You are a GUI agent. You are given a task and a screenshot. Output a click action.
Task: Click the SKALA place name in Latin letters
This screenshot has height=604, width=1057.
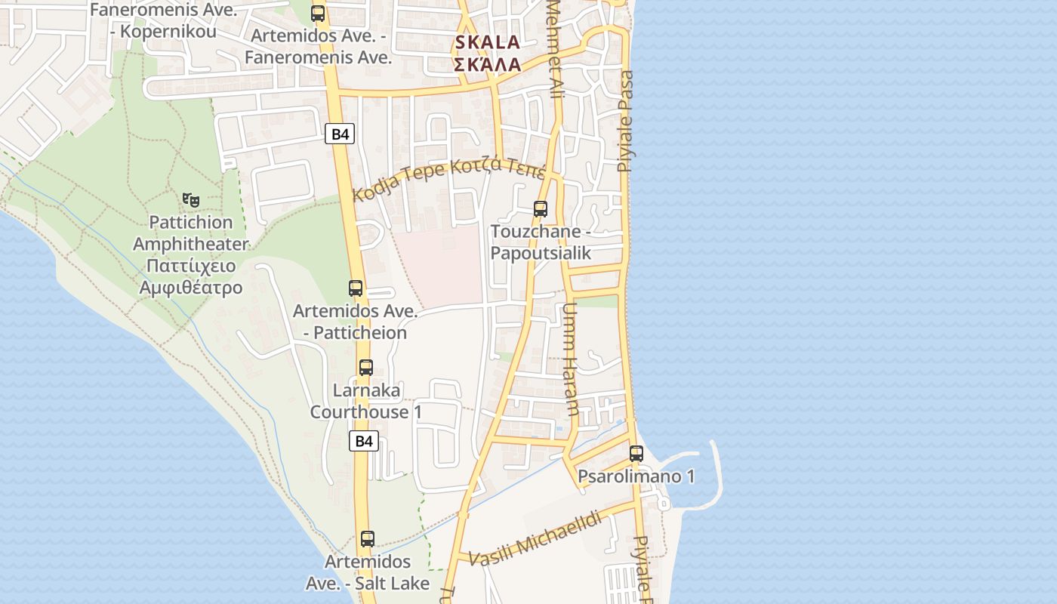coord(487,42)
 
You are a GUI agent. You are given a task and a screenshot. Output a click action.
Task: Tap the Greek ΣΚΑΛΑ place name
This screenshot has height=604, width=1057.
coord(487,64)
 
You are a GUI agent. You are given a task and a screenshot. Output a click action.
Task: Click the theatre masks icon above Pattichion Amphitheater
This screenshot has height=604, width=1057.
coord(191,200)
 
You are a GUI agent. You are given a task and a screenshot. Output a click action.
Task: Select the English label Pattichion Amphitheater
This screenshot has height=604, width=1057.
coord(191,233)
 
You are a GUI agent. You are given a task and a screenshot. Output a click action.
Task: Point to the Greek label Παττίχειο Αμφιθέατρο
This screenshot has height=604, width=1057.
coord(191,276)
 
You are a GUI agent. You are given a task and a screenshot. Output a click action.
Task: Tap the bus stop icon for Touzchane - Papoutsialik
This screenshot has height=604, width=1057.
coord(541,209)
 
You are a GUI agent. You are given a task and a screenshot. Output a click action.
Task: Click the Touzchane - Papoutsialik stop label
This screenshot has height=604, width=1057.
coord(541,242)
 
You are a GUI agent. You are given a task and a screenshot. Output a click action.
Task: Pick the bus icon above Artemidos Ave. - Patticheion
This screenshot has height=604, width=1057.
coord(356,288)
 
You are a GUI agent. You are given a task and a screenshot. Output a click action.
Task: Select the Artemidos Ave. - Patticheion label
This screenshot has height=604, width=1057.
coord(355,322)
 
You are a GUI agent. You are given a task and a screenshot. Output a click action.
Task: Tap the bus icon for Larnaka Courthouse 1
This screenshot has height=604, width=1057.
coord(366,368)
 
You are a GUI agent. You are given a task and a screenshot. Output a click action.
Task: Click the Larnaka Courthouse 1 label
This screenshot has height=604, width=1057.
coord(366,401)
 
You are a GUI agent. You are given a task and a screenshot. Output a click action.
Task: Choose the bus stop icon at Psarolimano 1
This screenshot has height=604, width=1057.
coord(636,453)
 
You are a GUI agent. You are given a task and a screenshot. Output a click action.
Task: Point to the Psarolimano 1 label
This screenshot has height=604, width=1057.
coord(636,476)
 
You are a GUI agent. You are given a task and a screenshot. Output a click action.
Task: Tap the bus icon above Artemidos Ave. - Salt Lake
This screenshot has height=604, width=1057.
coord(368,539)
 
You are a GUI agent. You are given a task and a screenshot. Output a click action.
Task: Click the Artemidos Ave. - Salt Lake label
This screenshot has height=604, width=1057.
coord(368,572)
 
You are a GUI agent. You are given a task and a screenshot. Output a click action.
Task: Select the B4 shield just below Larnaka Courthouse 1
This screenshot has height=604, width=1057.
coord(364,441)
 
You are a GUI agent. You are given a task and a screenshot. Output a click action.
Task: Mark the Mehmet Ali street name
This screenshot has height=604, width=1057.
coord(556,45)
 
